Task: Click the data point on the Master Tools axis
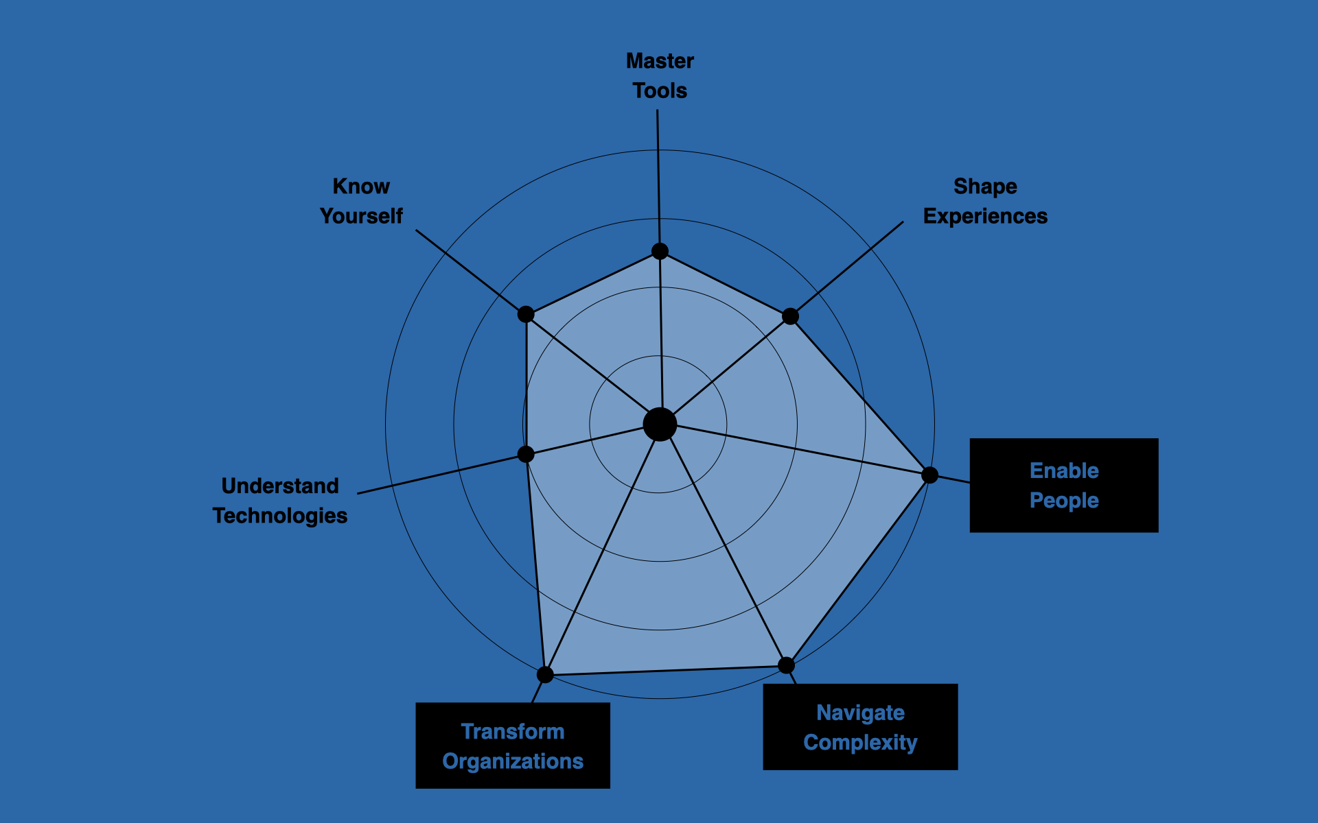(x=660, y=251)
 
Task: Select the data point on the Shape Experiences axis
(x=791, y=316)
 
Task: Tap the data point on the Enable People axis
(x=929, y=475)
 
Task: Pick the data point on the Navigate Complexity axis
(x=786, y=665)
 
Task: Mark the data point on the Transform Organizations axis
(x=545, y=674)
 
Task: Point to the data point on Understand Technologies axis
(x=526, y=454)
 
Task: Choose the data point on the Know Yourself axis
(x=526, y=314)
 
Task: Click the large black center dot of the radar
(x=660, y=424)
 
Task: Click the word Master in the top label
(x=660, y=61)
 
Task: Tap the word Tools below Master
(x=660, y=91)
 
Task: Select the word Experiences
(x=985, y=216)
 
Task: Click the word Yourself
(x=361, y=216)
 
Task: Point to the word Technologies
(x=280, y=516)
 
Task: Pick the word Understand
(x=280, y=486)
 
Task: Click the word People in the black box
(x=1064, y=501)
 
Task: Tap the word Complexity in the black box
(x=860, y=742)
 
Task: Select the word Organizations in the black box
(x=513, y=761)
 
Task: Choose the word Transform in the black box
(x=513, y=732)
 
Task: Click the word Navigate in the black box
(x=860, y=713)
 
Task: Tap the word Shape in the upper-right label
(x=985, y=187)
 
